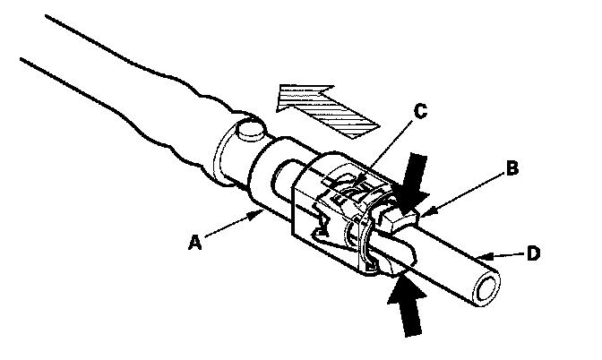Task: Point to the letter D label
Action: tap(533, 254)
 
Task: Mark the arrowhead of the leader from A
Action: tap(260, 212)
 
